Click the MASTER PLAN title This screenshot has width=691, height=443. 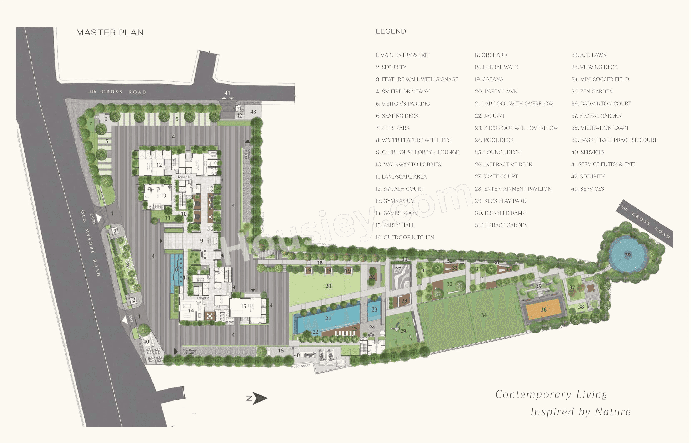[110, 33]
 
